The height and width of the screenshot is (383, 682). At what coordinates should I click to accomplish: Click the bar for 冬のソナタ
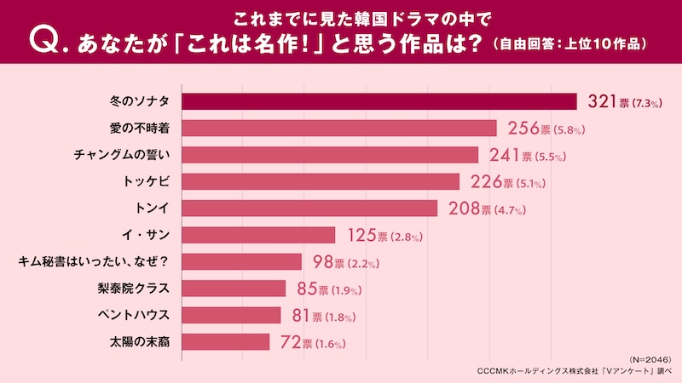click(x=379, y=101)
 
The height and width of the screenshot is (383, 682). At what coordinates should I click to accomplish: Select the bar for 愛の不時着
click(x=339, y=129)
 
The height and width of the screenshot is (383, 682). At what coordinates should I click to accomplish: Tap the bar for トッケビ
click(x=321, y=181)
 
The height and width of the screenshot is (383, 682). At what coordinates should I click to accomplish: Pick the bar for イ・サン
click(x=259, y=234)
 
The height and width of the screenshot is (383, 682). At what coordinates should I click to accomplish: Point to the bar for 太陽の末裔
click(x=226, y=342)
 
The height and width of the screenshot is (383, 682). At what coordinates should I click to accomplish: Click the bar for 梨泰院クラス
click(x=234, y=289)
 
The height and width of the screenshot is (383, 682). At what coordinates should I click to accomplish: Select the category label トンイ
click(x=148, y=208)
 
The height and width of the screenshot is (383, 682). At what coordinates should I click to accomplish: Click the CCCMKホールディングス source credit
click(x=576, y=372)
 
